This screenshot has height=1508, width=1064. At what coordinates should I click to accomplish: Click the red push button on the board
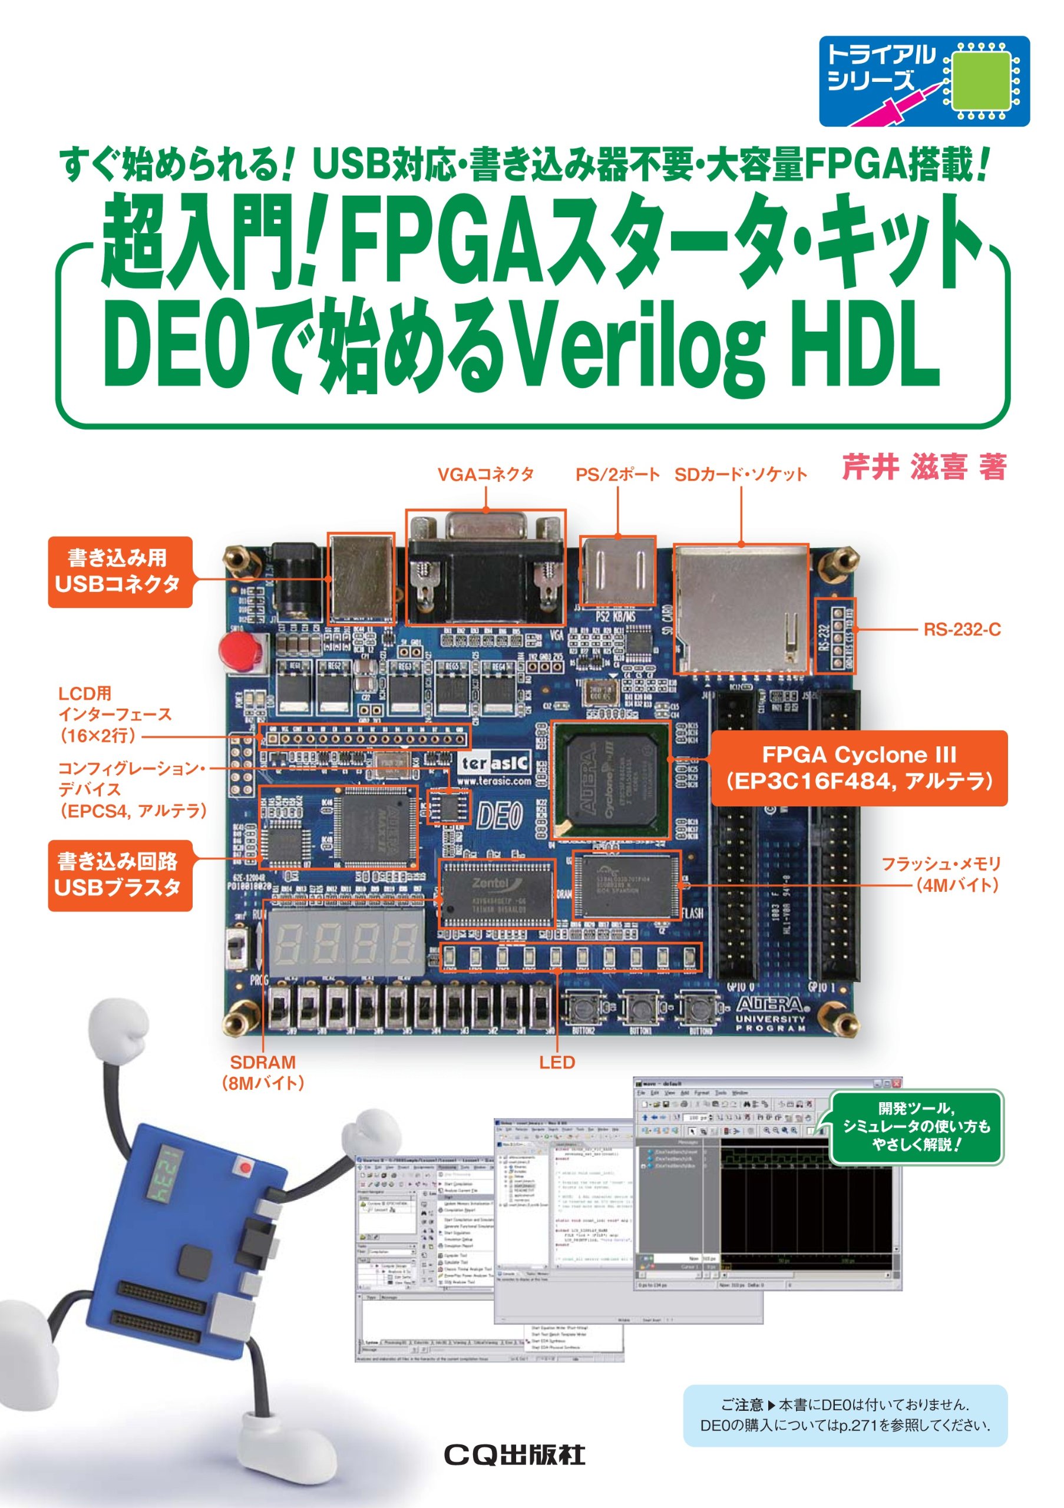tap(240, 648)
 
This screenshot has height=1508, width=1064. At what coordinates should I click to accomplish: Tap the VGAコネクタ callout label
tap(485, 474)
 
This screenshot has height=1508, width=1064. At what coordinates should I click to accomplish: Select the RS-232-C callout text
tap(961, 629)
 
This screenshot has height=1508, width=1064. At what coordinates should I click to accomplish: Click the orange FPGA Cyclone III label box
tap(858, 768)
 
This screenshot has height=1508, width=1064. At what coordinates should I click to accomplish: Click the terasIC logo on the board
tap(494, 763)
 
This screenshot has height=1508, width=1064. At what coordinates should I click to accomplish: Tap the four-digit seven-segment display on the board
tap(346, 942)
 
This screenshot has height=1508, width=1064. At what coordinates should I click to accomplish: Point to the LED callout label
tap(556, 1062)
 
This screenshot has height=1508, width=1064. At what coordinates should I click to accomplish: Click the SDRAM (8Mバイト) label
tap(263, 1073)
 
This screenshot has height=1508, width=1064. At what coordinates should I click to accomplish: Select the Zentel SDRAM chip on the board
tap(497, 893)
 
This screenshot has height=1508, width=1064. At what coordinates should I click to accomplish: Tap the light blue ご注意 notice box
tap(845, 1415)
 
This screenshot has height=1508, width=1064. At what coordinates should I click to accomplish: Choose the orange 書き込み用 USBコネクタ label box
tap(120, 571)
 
